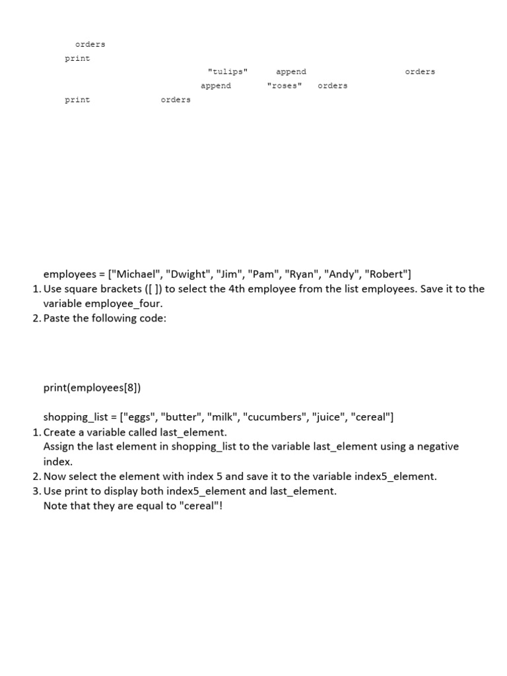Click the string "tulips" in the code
click(x=228, y=72)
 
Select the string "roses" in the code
click(x=285, y=86)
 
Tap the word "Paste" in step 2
click(x=57, y=318)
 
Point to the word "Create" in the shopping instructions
click(x=60, y=432)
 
